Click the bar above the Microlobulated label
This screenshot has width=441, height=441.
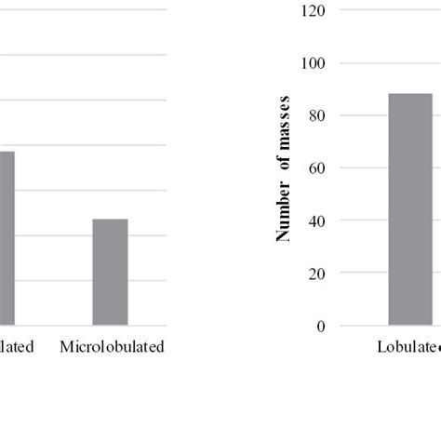click(x=110, y=272)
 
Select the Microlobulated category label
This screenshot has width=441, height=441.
click(x=111, y=347)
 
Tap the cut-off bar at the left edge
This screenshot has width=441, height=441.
click(x=7, y=237)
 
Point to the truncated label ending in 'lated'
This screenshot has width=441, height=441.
click(x=18, y=347)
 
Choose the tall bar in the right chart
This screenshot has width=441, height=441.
click(x=410, y=209)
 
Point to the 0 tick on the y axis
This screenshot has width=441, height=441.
click(x=321, y=327)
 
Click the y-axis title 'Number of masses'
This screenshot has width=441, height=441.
click(x=283, y=168)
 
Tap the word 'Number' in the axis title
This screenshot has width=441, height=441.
click(x=283, y=217)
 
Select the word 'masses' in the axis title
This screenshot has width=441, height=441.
click(x=283, y=120)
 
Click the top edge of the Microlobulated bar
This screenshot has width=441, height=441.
click(x=110, y=220)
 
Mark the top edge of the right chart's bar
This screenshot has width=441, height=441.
click(x=410, y=94)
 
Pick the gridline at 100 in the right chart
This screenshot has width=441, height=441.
click(x=391, y=63)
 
